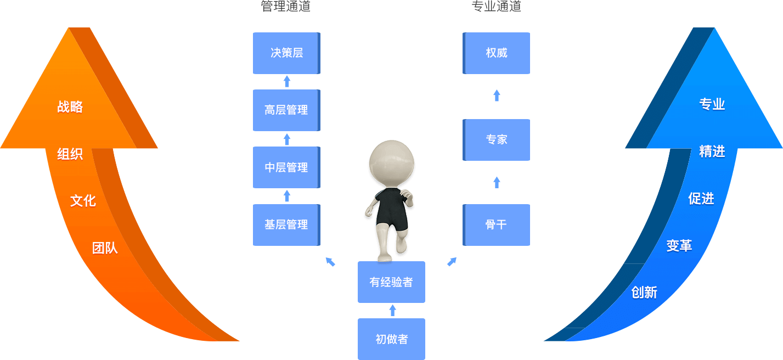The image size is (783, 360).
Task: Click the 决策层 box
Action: pyautogui.click(x=286, y=53)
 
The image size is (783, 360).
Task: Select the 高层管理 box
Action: pyautogui.click(x=286, y=110)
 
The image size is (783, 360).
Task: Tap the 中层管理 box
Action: pyautogui.click(x=286, y=167)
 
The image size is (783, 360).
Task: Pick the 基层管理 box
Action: pyautogui.click(x=286, y=224)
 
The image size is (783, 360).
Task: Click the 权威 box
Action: pyautogui.click(x=497, y=53)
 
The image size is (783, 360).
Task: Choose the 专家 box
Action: pyautogui.click(x=497, y=140)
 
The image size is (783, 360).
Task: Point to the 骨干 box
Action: pyautogui.click(x=497, y=224)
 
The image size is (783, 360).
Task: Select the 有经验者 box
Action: pyautogui.click(x=391, y=282)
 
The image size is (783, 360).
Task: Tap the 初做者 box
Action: pyautogui.click(x=391, y=339)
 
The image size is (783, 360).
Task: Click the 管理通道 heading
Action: pyautogui.click(x=286, y=7)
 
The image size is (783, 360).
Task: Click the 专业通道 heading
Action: pyautogui.click(x=496, y=7)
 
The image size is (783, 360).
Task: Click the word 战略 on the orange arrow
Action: pyautogui.click(x=70, y=107)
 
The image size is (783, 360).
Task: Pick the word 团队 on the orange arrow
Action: pyautogui.click(x=105, y=249)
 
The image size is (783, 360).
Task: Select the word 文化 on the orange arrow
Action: pyautogui.click(x=83, y=201)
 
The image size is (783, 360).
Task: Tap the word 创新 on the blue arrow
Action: pyautogui.click(x=644, y=292)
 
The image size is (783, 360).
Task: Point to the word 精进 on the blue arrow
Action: pyautogui.click(x=712, y=152)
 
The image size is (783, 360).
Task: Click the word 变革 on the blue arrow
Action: pyautogui.click(x=679, y=246)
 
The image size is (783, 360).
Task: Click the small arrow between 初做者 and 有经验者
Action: pyautogui.click(x=392, y=311)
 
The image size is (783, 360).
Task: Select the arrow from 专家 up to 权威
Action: pyautogui.click(x=497, y=96)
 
